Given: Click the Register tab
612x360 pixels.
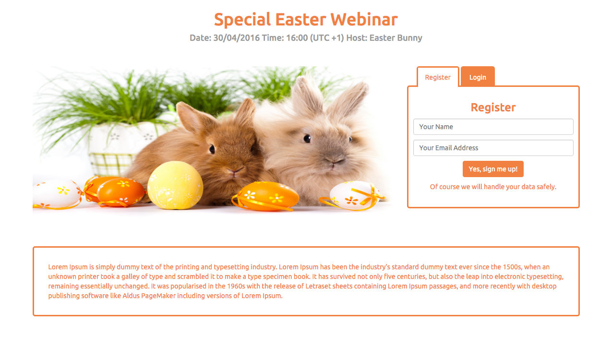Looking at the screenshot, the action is tap(438, 77).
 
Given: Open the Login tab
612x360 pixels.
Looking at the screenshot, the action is tap(478, 76).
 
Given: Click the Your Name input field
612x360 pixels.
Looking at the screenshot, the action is tap(493, 127).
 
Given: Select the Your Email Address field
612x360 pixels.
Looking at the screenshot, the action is tap(493, 148).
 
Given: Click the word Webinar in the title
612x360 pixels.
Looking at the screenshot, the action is tap(364, 20).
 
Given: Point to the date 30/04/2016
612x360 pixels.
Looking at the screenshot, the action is tap(236, 38).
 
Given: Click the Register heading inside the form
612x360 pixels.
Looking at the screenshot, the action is tap(493, 108).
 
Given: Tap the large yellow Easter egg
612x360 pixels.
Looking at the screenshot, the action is tap(175, 185).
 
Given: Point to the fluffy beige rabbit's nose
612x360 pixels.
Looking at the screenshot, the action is tap(333, 160).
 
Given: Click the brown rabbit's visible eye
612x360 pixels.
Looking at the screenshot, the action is tap(212, 149).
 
